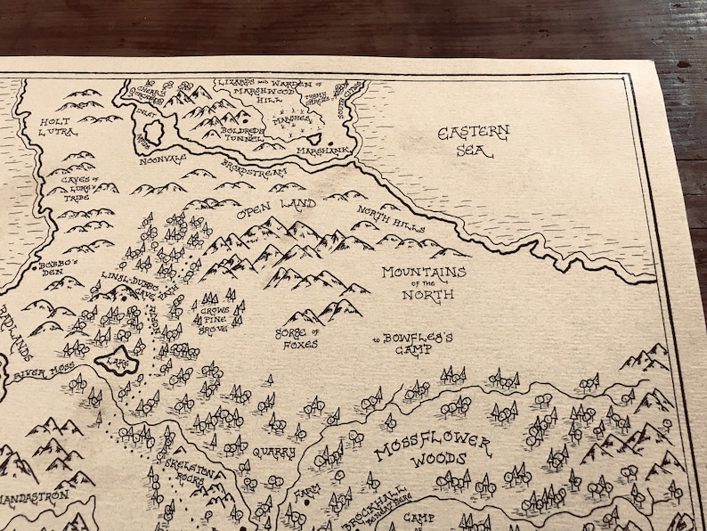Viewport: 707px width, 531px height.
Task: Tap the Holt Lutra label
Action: click(x=53, y=127)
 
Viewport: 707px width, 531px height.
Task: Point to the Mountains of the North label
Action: click(x=423, y=282)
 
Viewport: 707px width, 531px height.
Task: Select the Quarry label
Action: click(x=273, y=453)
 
